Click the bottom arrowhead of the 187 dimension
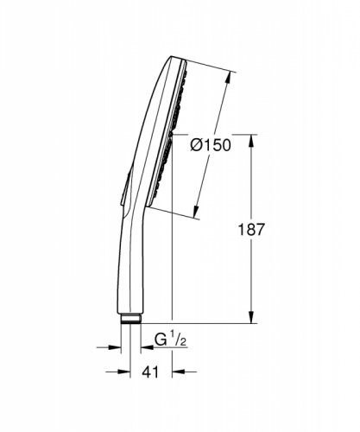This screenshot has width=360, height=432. click(252, 319)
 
